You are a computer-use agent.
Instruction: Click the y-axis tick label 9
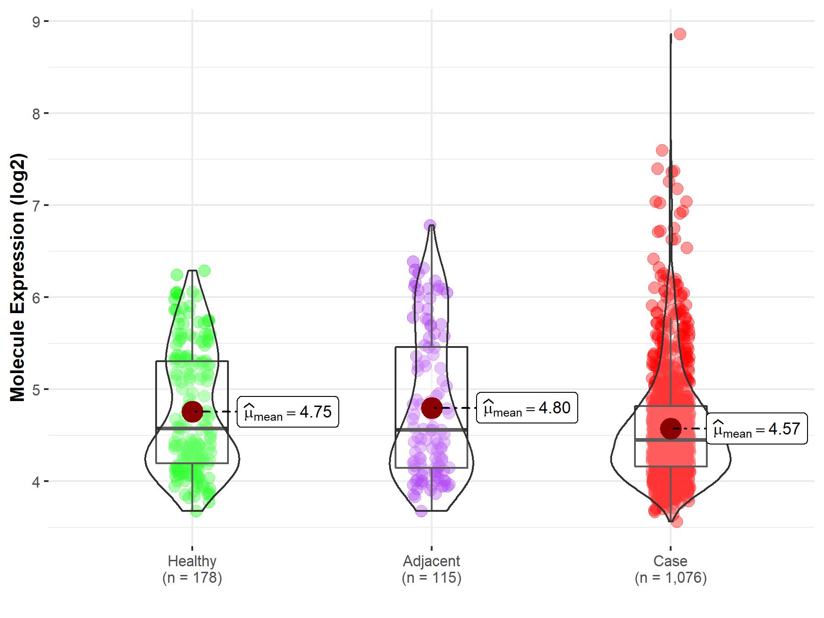point(36,22)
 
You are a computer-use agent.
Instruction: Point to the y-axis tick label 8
point(36,114)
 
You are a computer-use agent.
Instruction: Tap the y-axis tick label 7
point(36,206)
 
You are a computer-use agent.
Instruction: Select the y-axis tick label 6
point(36,298)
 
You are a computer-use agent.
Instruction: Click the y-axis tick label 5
point(36,390)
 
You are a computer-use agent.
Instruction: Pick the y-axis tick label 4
point(36,482)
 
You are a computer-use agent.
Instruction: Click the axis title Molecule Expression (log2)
point(17,277)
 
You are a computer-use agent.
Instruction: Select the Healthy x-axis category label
point(192,561)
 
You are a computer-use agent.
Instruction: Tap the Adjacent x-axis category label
point(431,561)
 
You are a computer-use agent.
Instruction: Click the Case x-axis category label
point(670,561)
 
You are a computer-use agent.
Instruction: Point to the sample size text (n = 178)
point(192,578)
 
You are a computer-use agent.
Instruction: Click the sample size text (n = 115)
point(431,578)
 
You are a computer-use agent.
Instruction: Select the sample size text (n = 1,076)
point(670,578)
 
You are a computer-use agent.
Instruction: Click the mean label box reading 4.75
point(288,412)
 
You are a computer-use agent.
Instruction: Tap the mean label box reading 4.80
point(527,408)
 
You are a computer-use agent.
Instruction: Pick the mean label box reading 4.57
point(757,429)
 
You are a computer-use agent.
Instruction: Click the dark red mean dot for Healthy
point(192,412)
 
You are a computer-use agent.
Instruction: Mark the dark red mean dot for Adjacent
point(431,407)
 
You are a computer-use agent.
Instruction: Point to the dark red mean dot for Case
point(671,428)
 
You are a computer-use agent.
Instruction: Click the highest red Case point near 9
point(680,34)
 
